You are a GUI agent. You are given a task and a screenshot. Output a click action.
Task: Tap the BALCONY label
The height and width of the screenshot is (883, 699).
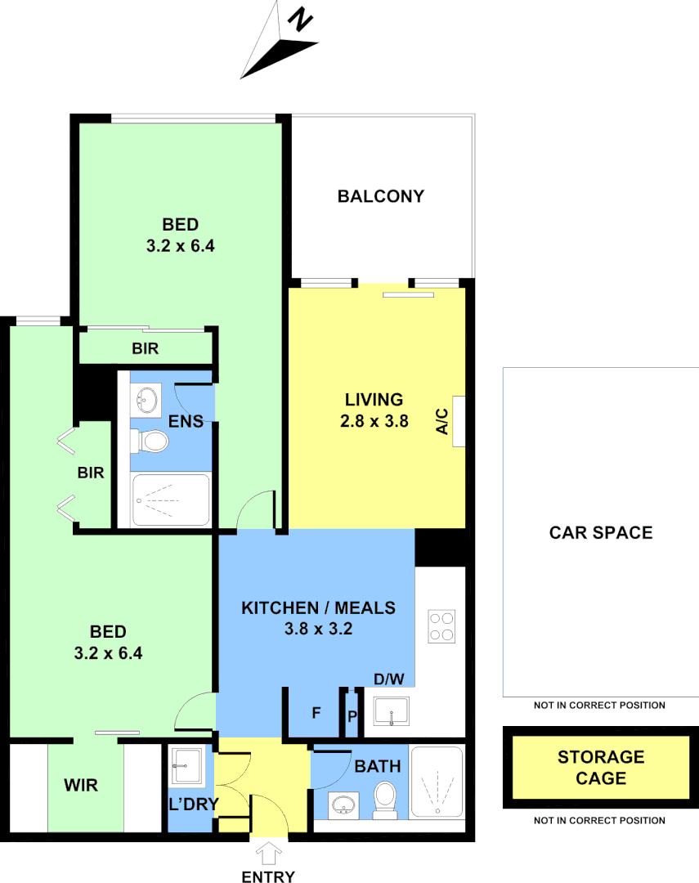381,196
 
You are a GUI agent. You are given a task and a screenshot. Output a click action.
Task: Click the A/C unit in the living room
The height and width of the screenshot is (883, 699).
459,421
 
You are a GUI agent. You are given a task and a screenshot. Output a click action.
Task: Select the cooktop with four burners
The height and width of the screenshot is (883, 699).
441,626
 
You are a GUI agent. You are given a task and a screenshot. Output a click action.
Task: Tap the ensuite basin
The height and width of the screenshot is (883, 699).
146,401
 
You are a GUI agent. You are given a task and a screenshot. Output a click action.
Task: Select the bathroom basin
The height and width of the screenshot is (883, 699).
343,805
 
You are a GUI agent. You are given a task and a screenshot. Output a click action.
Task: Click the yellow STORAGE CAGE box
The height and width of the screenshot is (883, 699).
601,768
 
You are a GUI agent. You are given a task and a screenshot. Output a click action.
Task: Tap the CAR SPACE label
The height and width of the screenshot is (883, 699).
601,533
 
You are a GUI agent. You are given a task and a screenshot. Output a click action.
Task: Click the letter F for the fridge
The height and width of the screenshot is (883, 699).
316,713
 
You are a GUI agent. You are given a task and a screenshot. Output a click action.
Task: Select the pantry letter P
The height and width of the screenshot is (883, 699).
352,716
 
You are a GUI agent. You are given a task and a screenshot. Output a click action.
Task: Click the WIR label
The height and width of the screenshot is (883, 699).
81,786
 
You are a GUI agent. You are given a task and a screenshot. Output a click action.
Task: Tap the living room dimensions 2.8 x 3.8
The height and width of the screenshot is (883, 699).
375,422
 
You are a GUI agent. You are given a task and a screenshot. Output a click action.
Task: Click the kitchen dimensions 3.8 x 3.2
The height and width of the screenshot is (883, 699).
318,629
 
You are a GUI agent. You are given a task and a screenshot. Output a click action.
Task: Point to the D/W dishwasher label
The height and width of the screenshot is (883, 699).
389,679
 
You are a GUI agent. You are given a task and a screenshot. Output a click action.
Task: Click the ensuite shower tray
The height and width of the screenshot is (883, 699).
171,500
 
